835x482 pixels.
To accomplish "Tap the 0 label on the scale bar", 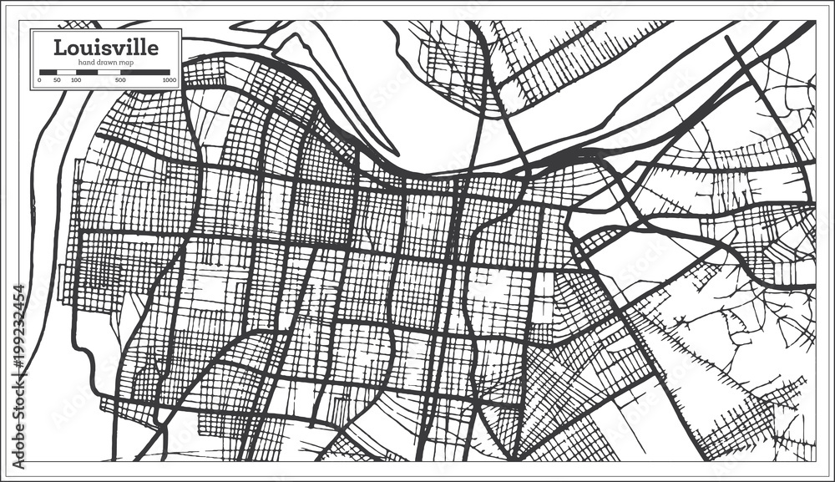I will coord(39,81).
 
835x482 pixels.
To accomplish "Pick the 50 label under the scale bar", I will coord(57,81).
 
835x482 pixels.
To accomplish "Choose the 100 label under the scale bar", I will coord(76,81).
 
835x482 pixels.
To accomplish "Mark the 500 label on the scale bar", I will coord(121,81).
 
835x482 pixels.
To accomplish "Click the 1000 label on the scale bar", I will coord(169,81).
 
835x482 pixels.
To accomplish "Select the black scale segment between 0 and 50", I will coord(48,73).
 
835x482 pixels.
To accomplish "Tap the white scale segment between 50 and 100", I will coord(66,73).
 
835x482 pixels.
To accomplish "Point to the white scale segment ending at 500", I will coord(109,73).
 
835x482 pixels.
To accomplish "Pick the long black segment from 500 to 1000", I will coord(145,73).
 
